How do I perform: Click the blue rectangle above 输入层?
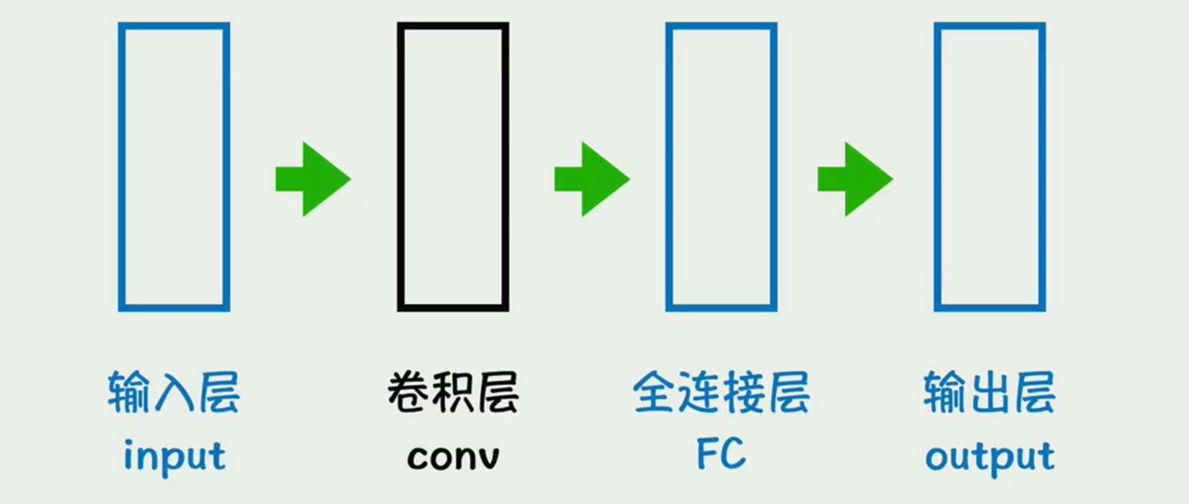(x=174, y=167)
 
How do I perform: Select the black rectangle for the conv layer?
(x=453, y=167)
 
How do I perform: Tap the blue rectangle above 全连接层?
(x=721, y=167)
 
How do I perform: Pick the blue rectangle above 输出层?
(x=989, y=167)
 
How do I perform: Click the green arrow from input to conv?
(x=313, y=179)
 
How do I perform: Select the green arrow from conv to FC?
(x=592, y=179)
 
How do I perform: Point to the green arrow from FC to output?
(x=855, y=179)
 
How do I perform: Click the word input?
(x=174, y=456)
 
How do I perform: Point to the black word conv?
(x=453, y=456)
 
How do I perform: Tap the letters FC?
(x=721, y=453)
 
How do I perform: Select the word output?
(x=989, y=456)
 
